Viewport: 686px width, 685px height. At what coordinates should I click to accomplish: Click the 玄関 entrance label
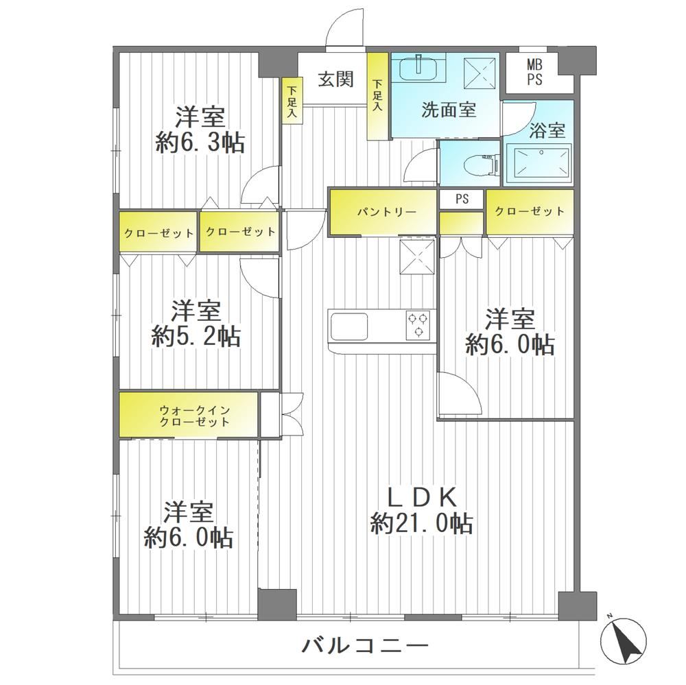tap(335, 80)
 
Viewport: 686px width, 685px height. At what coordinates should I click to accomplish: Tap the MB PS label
tap(534, 73)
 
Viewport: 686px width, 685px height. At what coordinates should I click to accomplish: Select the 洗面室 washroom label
tap(449, 110)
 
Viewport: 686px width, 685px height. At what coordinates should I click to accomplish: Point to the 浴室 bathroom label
tap(547, 130)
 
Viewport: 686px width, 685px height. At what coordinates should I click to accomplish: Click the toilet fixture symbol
tap(490, 164)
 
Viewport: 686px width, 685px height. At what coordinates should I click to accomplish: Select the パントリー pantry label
tap(387, 212)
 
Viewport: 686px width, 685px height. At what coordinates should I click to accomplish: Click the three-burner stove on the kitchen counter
tap(420, 324)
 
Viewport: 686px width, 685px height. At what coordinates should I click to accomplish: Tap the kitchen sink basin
tap(348, 326)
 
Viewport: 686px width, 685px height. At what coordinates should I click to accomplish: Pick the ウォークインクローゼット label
tap(194, 416)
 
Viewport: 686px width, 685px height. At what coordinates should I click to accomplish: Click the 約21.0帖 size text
tap(421, 523)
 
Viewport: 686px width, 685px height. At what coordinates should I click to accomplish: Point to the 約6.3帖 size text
tap(200, 142)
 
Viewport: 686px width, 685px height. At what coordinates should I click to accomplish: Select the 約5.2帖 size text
tap(196, 337)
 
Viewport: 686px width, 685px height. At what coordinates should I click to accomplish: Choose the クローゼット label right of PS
tap(530, 212)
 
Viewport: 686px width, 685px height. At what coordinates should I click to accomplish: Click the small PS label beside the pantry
tap(462, 199)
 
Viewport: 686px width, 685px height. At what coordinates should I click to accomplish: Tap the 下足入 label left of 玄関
tap(292, 101)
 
